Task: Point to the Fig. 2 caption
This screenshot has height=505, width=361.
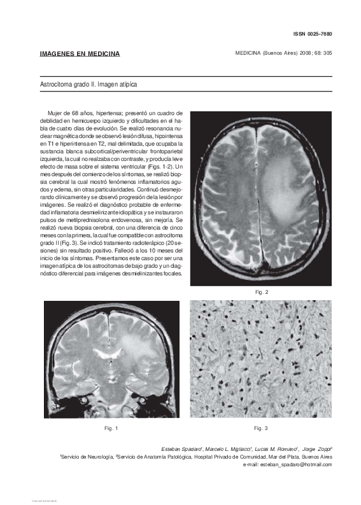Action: point(261,292)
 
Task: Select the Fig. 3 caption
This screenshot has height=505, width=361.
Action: point(261,428)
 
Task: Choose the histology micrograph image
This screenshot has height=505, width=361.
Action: point(261,359)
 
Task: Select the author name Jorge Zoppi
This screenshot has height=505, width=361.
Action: point(315,450)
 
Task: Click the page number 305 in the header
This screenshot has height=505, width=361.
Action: point(327,53)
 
